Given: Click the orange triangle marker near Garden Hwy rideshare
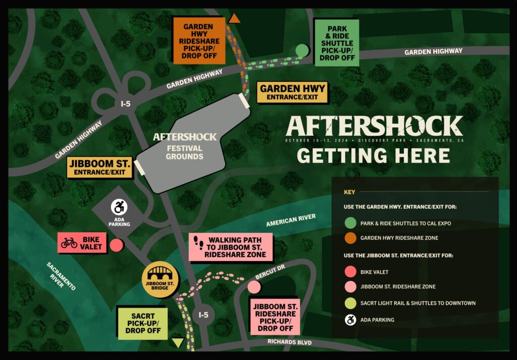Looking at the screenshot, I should (x=234, y=19).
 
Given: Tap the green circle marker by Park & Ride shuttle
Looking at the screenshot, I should (x=301, y=50).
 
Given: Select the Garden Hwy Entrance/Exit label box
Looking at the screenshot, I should (x=292, y=92).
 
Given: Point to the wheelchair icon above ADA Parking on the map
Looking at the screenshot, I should (x=120, y=207).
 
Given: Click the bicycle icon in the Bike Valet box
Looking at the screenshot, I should (x=69, y=243).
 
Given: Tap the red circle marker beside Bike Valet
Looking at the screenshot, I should (x=117, y=245).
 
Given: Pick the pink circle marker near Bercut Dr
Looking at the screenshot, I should (x=254, y=287).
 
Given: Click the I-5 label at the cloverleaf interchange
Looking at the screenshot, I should (x=126, y=104).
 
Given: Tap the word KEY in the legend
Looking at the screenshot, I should (x=349, y=192).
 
